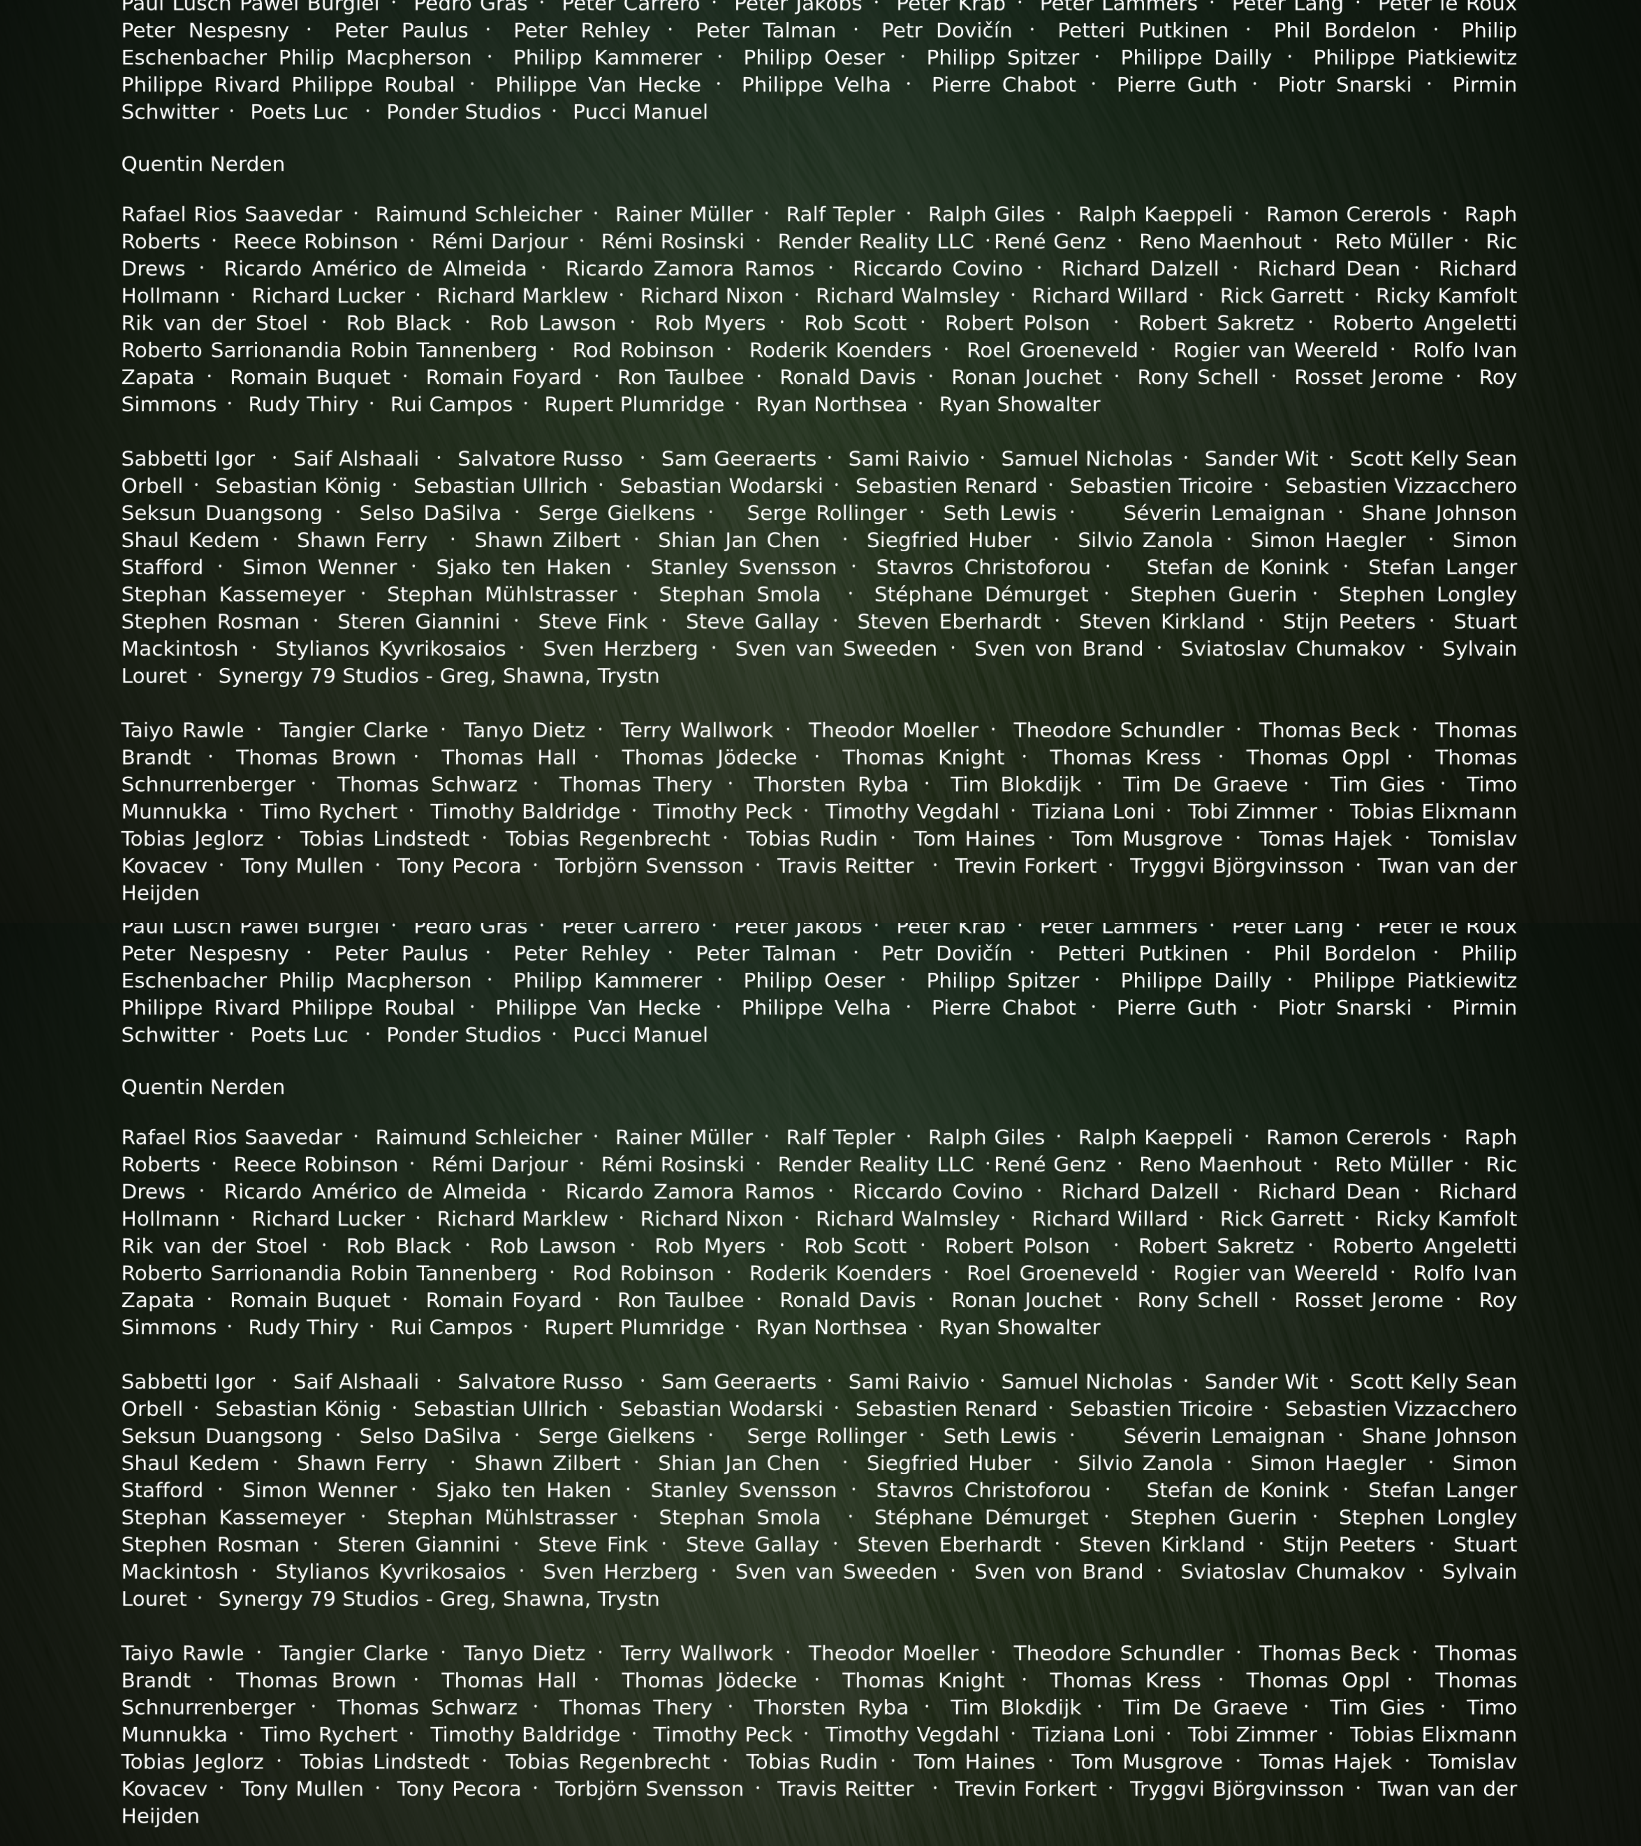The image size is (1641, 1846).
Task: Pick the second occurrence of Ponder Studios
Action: click(463, 1035)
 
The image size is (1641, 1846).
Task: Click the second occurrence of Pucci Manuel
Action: click(640, 1035)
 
